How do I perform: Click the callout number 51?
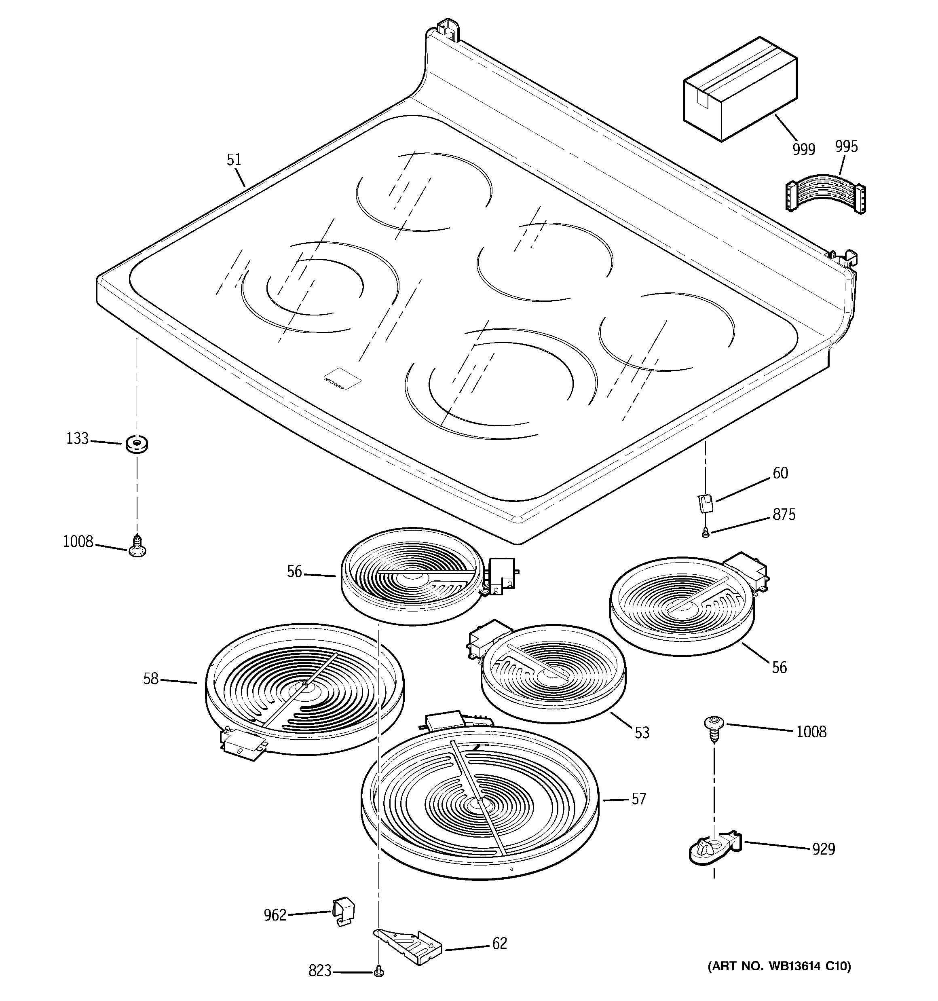(x=234, y=160)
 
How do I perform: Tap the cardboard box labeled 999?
(x=739, y=90)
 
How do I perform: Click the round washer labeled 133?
(x=136, y=444)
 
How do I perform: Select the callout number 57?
(x=638, y=799)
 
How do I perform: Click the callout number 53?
(x=642, y=732)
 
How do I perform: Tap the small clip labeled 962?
(x=343, y=910)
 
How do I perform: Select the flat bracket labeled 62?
(x=409, y=947)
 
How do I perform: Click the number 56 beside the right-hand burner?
(x=779, y=668)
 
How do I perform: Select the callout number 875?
(x=784, y=514)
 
